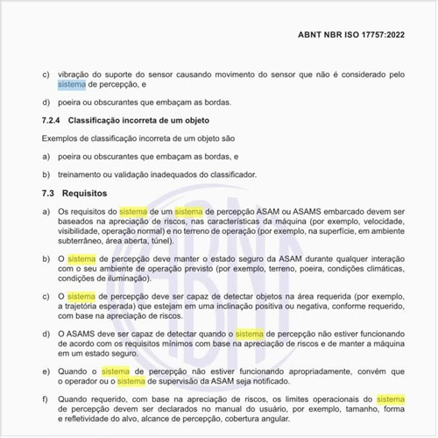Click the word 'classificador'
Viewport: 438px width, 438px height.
[228, 173]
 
